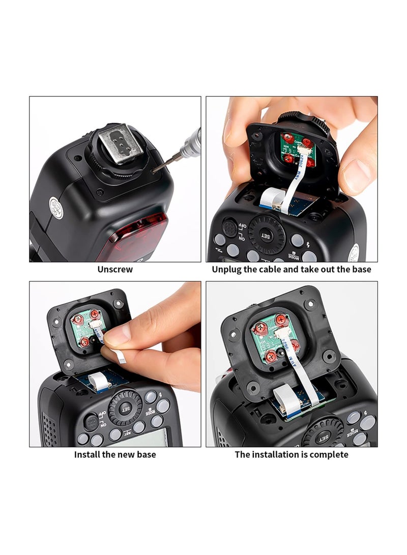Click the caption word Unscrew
click(x=115, y=270)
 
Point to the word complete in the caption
click(x=329, y=454)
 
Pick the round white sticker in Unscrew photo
click(x=56, y=208)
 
